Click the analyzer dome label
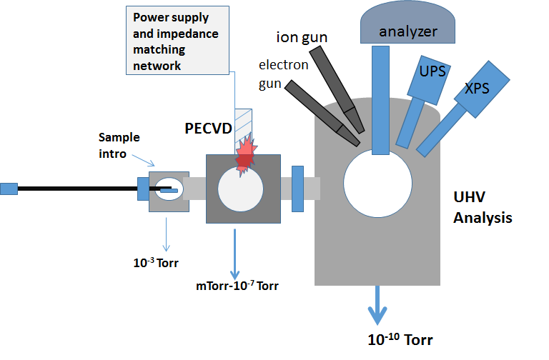click(408, 32)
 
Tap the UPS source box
click(429, 80)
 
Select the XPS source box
click(482, 89)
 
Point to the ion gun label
click(302, 37)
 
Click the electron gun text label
click(283, 74)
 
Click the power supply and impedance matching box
click(177, 40)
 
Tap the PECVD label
click(208, 129)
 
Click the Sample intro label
click(119, 145)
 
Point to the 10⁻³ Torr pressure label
click(156, 263)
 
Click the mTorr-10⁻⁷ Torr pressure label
click(237, 286)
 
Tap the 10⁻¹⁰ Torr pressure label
click(400, 339)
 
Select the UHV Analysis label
click(483, 207)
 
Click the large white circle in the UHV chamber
click(377, 184)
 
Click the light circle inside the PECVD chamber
click(240, 189)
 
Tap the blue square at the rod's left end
click(9, 189)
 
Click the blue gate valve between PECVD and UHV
click(297, 189)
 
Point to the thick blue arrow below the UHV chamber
click(377, 305)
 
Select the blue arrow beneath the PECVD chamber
click(234, 254)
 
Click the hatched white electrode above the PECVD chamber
click(243, 131)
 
